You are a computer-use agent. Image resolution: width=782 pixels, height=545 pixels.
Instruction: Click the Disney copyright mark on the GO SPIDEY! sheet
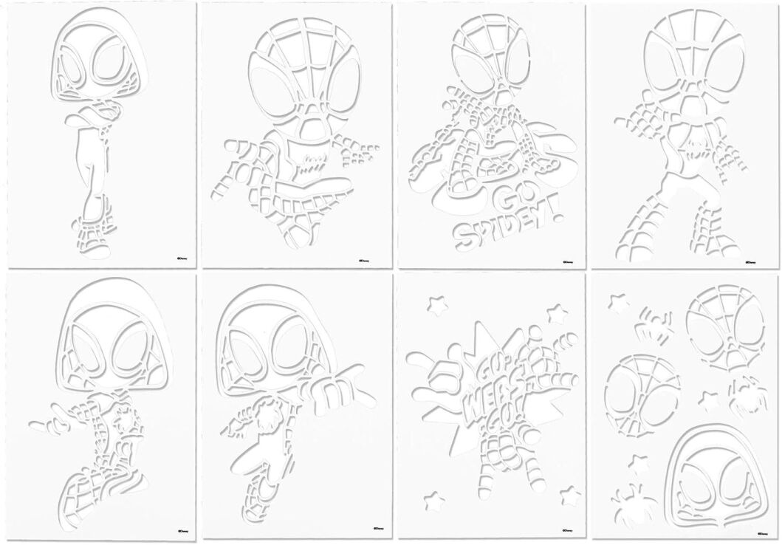(x=569, y=261)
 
